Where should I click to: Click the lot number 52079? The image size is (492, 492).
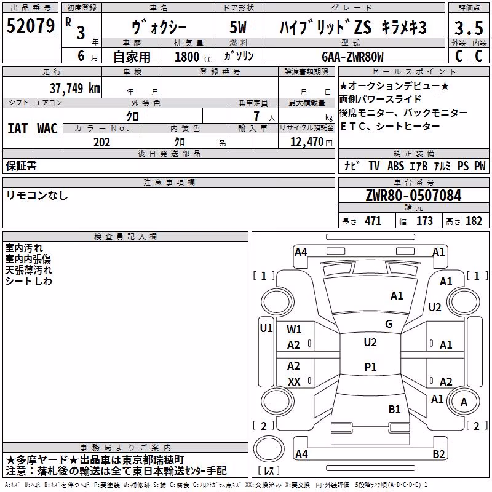tap(30, 26)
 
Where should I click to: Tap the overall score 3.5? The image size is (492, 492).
tap(469, 28)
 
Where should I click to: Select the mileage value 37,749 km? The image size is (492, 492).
tap(74, 88)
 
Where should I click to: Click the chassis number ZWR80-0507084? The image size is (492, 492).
tap(413, 196)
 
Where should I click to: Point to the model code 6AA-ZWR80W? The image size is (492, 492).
tap(352, 57)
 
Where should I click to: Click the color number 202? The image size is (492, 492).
tap(101, 142)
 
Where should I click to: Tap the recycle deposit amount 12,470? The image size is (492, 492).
tap(306, 142)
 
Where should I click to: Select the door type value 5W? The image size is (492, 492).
tap(238, 27)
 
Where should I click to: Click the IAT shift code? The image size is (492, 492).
tap(17, 129)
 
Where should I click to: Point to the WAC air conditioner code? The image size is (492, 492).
tap(47, 129)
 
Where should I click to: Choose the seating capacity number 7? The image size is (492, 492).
tap(256, 116)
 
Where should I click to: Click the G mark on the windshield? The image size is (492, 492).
tap(389, 323)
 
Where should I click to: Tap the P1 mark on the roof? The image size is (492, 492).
tap(370, 367)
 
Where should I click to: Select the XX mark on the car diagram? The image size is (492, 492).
tap(294, 381)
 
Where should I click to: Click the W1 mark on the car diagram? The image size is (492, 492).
tap(294, 329)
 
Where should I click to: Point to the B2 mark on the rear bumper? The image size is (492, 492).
tap(438, 454)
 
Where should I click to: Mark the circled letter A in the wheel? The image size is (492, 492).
tap(464, 402)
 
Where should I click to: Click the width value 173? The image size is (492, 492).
tap(424, 221)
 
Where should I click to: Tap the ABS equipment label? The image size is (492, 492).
tap(395, 165)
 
